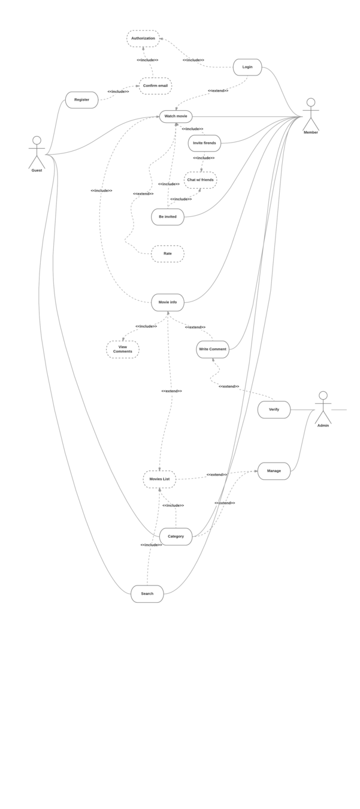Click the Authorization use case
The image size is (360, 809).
tap(143, 38)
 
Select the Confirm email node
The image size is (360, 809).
tap(155, 86)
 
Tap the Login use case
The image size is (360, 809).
tap(247, 67)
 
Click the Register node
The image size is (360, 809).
tap(81, 100)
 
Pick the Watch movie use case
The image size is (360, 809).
tap(176, 116)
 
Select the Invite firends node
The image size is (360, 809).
tap(204, 143)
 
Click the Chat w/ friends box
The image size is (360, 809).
tap(200, 180)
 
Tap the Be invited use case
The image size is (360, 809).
tap(168, 217)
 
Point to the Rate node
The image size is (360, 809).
tap(168, 253)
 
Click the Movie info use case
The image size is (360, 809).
tap(168, 302)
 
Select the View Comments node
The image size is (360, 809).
tap(123, 349)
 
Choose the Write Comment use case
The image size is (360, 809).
tap(213, 349)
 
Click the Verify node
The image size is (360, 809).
tap(274, 409)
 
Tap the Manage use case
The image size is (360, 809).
tap(274, 471)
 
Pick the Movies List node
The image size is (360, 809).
tap(159, 479)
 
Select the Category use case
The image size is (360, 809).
tap(176, 536)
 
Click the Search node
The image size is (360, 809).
tap(147, 594)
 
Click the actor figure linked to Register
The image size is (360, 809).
tap(37, 153)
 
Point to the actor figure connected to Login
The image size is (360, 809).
tap(310, 114)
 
